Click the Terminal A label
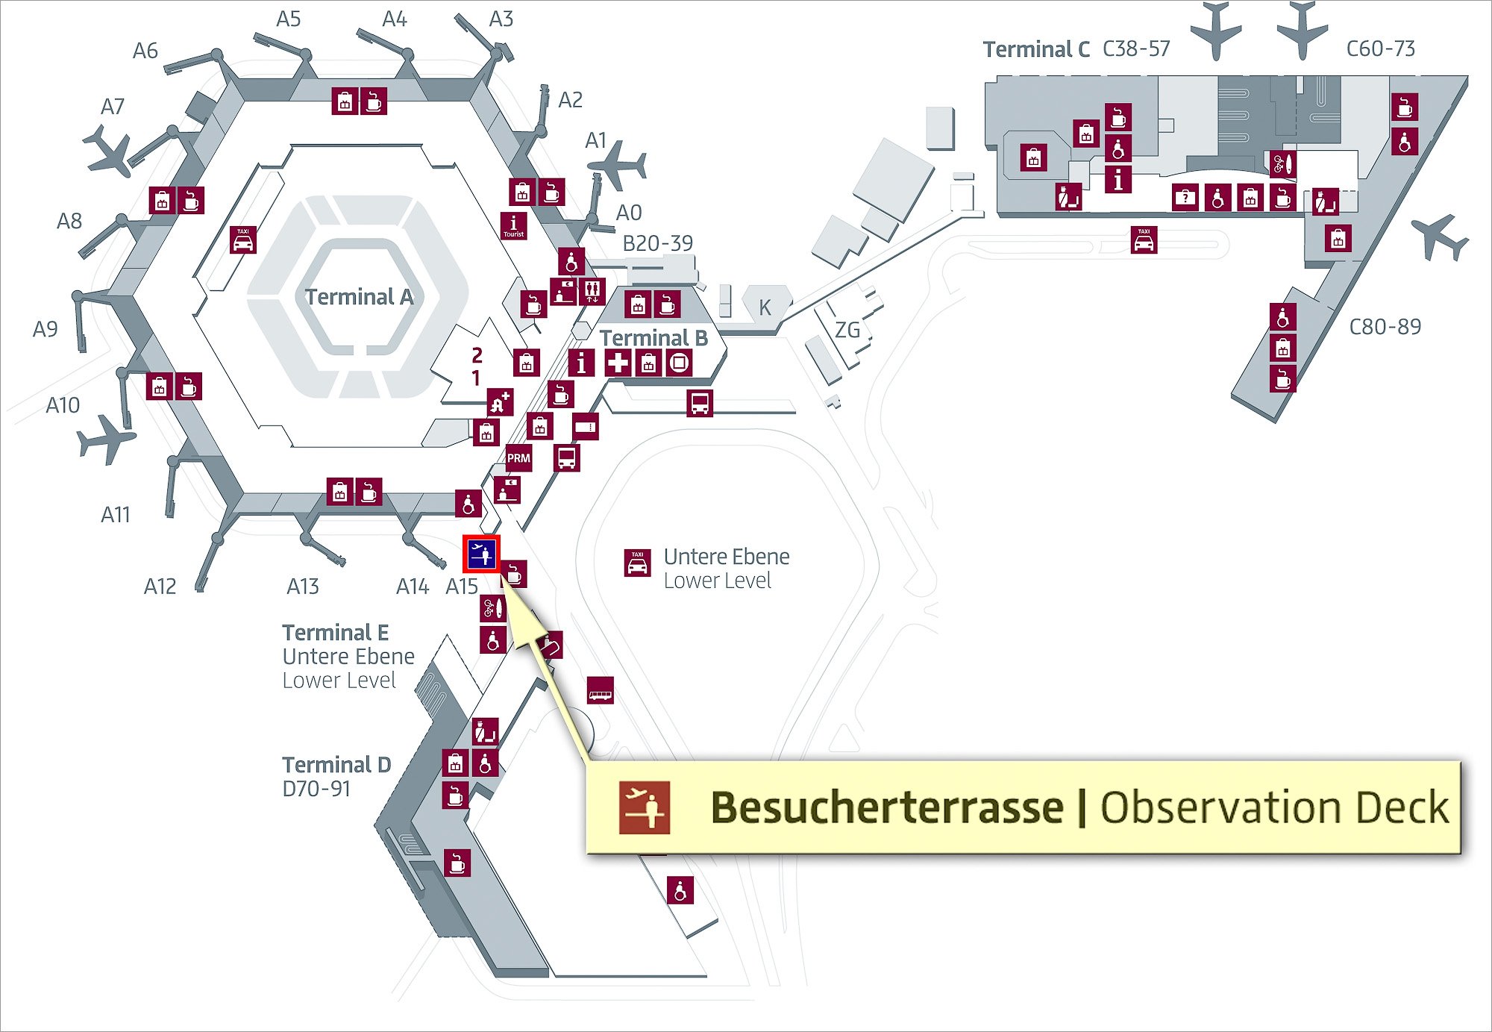coord(359,297)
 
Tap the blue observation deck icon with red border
coord(481,554)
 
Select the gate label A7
coord(113,107)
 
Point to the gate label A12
coord(160,587)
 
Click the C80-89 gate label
coord(1385,327)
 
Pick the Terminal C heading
coord(1036,49)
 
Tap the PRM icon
coord(518,458)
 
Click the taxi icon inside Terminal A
coord(242,240)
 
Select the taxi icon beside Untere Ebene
coord(637,563)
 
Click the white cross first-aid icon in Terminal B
coord(617,363)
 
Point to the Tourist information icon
coord(513,225)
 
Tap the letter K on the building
coord(765,307)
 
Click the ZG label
coord(847,330)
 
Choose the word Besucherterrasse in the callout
coord(887,807)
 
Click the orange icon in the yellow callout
coord(645,807)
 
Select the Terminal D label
coord(336,765)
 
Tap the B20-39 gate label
coord(657,243)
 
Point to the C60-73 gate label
coord(1380,49)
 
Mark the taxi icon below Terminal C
coord(1144,240)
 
